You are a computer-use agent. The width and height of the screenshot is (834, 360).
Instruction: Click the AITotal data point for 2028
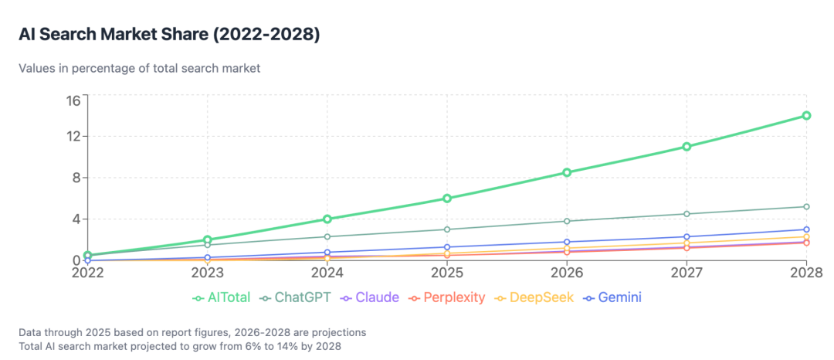point(806,116)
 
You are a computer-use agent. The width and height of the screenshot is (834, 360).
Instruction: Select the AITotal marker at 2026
point(567,172)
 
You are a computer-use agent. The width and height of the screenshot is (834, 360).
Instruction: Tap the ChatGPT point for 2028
point(806,206)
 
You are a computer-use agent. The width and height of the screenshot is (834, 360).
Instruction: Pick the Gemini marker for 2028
point(806,229)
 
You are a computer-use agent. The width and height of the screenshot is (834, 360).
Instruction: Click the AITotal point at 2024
point(327,219)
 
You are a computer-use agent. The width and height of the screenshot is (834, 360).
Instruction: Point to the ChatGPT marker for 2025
point(447,229)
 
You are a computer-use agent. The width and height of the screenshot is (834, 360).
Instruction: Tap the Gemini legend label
point(620,297)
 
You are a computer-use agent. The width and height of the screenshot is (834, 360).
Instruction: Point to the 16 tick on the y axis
point(73,100)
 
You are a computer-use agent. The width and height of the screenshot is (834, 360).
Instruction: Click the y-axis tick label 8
point(76,178)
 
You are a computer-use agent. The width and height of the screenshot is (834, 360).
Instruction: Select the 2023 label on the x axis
point(207,273)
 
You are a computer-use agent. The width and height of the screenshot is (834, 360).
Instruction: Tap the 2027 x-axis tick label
point(687,273)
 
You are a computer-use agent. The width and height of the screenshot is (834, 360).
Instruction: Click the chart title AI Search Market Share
point(169,35)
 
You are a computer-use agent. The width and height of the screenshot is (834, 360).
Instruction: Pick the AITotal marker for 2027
point(687,146)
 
